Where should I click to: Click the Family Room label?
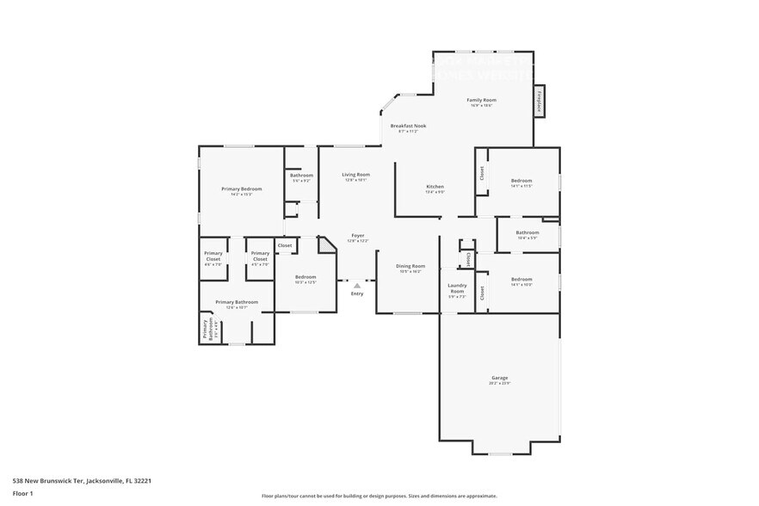pyautogui.click(x=481, y=101)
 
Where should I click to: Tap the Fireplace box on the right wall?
pyautogui.click(x=540, y=101)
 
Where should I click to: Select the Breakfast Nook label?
pyautogui.click(x=408, y=126)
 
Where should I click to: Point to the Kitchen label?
pyautogui.click(x=435, y=188)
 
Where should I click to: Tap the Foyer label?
pyautogui.click(x=357, y=236)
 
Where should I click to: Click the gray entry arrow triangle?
pyautogui.click(x=357, y=285)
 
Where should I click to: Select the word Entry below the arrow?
pyautogui.click(x=357, y=294)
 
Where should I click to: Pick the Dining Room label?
pyautogui.click(x=410, y=267)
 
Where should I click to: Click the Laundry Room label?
pyautogui.click(x=457, y=288)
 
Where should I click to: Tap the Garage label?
pyautogui.click(x=499, y=378)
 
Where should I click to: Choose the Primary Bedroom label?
pyautogui.click(x=241, y=189)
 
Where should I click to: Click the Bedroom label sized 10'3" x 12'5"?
pyautogui.click(x=305, y=277)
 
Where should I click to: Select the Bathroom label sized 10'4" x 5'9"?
pyautogui.click(x=528, y=233)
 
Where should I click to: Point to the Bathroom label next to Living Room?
pyautogui.click(x=301, y=176)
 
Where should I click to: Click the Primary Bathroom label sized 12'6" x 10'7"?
pyautogui.click(x=237, y=302)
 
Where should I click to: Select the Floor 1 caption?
pyautogui.click(x=22, y=493)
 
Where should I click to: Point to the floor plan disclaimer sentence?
pyautogui.click(x=379, y=496)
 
